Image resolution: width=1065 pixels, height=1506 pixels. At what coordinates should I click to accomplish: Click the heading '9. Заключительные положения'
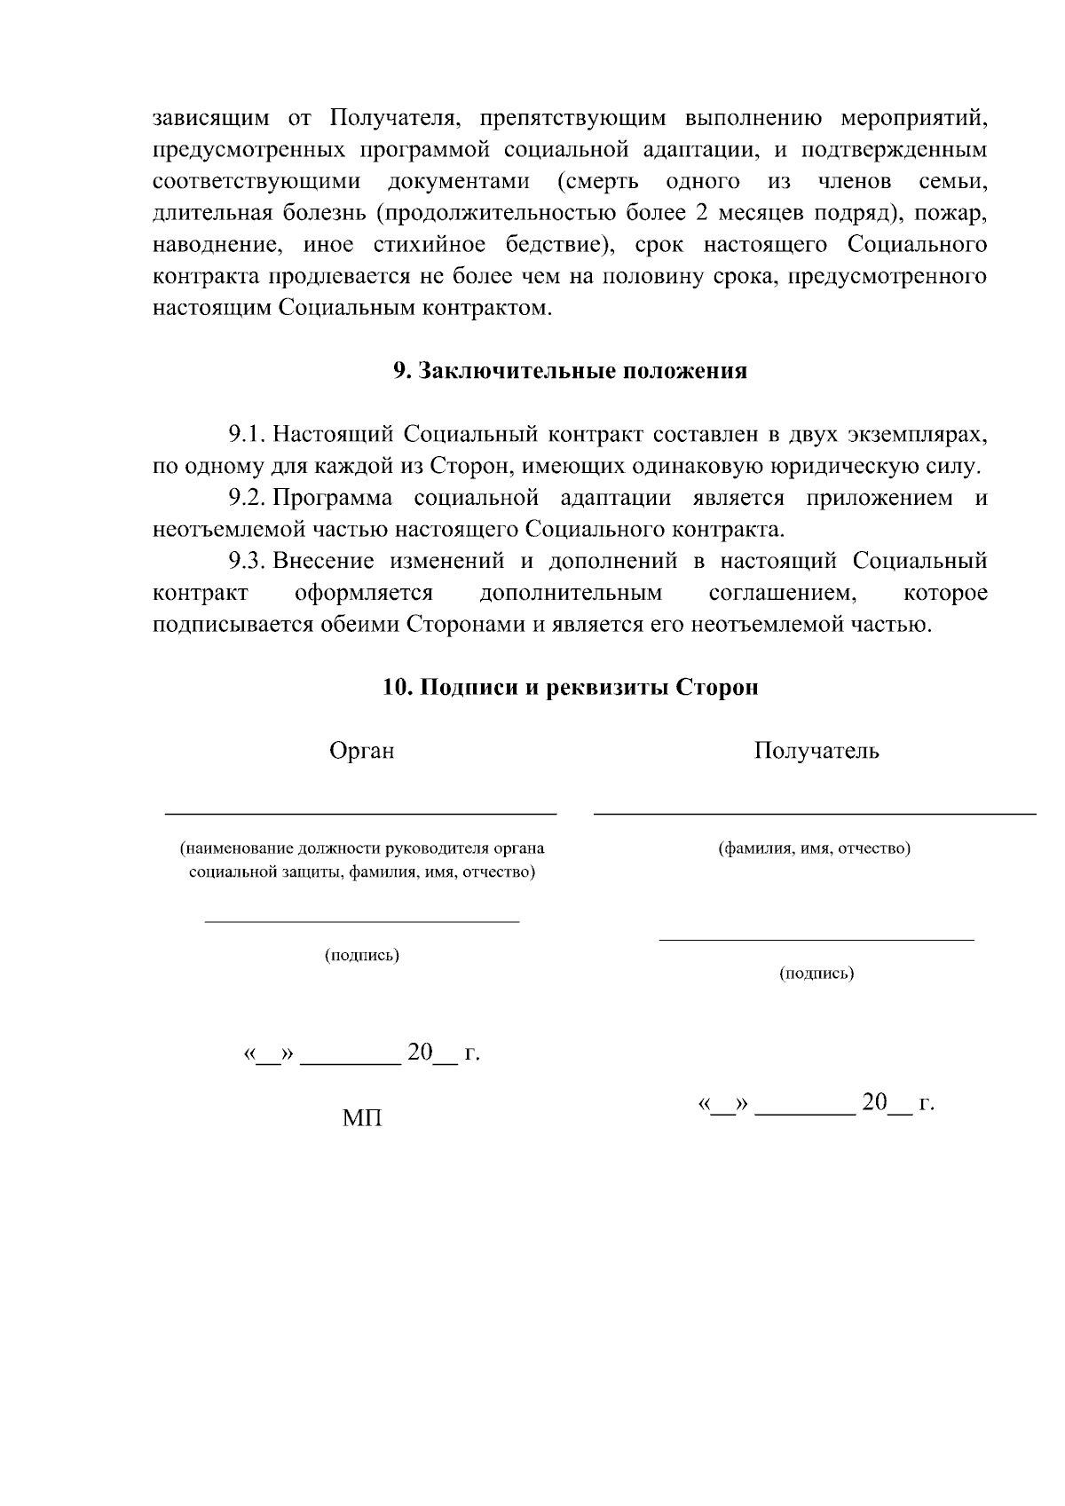coord(570,371)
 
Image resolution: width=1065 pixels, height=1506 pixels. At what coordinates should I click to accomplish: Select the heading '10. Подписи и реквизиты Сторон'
coord(570,688)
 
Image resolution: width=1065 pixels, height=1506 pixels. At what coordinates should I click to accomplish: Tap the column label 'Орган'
coord(361,751)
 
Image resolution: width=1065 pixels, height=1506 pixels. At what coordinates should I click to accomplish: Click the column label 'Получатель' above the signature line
coord(816,751)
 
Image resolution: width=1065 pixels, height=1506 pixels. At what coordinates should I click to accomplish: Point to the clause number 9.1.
coord(247,435)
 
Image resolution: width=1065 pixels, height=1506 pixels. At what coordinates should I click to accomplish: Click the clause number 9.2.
coord(247,498)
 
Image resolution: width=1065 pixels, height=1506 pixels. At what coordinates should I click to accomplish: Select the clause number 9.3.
coord(247,561)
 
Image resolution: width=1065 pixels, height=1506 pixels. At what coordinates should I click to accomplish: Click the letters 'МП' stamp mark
coord(361,1118)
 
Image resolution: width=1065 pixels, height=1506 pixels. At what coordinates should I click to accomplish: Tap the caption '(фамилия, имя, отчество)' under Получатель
coord(814,848)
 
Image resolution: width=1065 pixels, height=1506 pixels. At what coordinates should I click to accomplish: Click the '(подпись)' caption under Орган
coord(361,955)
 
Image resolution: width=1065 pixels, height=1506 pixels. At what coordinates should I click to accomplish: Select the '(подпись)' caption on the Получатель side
coord(816,974)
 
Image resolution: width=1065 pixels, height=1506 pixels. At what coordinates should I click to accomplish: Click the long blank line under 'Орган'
coord(361,812)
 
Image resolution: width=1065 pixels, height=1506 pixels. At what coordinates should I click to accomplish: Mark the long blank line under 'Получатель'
coord(814,813)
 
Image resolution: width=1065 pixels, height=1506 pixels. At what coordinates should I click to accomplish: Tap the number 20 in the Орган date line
coord(419,1053)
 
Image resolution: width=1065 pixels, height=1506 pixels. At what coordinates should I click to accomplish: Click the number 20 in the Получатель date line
coord(874,1102)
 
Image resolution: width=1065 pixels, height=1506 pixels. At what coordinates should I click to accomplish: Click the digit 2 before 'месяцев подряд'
coord(697,214)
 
